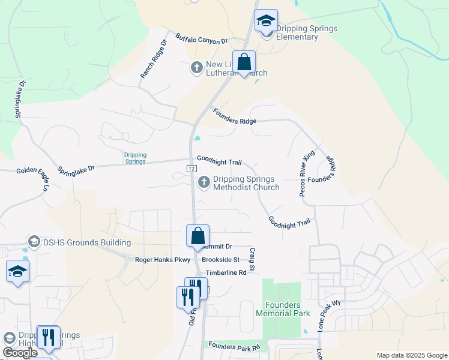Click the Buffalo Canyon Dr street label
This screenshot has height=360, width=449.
click(202, 40)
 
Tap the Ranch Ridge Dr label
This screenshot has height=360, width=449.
click(154, 59)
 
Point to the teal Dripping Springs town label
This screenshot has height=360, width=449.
click(135, 158)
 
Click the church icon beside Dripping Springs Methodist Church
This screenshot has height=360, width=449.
click(204, 181)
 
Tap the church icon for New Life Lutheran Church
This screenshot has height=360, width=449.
click(196, 68)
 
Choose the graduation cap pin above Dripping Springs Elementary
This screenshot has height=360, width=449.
click(266, 21)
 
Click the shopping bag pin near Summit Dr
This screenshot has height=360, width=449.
click(197, 236)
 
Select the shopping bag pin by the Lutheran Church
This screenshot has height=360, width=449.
click(244, 62)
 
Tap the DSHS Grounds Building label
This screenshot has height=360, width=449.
click(86, 242)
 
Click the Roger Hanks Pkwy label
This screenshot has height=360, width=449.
click(163, 260)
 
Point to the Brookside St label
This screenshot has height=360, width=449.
click(220, 260)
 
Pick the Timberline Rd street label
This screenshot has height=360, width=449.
click(226, 272)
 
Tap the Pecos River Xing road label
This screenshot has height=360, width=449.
click(307, 173)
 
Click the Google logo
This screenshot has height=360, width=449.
click(20, 353)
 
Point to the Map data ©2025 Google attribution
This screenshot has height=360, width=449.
click(411, 355)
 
